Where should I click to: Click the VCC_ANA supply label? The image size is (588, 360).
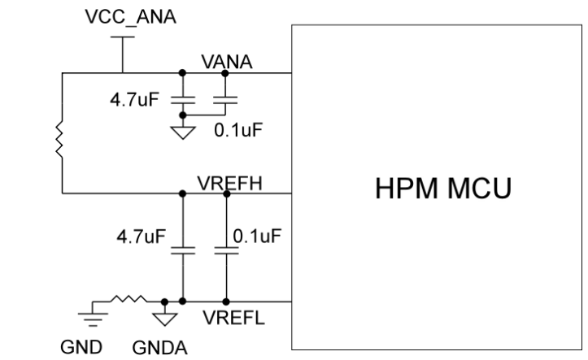click(x=120, y=17)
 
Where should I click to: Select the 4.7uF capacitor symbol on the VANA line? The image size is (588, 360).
click(x=184, y=102)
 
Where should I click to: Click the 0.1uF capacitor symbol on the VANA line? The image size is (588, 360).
click(x=224, y=102)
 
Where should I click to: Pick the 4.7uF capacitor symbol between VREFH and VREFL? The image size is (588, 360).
click(x=184, y=250)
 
